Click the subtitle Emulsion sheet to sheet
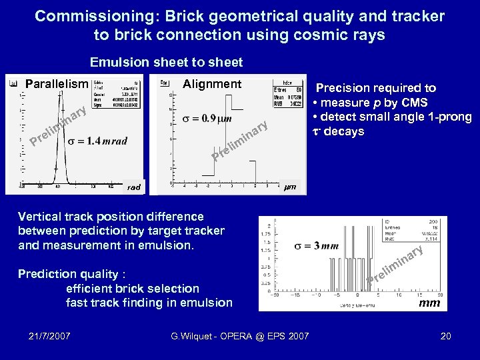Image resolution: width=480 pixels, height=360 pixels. pyautogui.click(x=166, y=62)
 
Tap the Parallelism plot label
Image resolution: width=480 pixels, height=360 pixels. pyautogui.click(x=57, y=84)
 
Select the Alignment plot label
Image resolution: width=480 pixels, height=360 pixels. pyautogui.click(x=211, y=83)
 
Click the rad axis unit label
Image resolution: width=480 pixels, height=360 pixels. pyautogui.click(x=134, y=187)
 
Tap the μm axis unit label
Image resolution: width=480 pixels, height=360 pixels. pyautogui.click(x=291, y=187)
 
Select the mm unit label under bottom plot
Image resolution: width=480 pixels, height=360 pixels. pyautogui.click(x=429, y=303)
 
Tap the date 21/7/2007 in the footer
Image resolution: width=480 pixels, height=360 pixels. pyautogui.click(x=51, y=336)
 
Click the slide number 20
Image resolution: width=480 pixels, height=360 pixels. pyautogui.click(x=445, y=336)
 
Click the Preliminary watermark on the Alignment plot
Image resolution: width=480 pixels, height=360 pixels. pyautogui.click(x=241, y=142)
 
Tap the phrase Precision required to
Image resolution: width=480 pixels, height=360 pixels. pyautogui.click(x=376, y=88)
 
